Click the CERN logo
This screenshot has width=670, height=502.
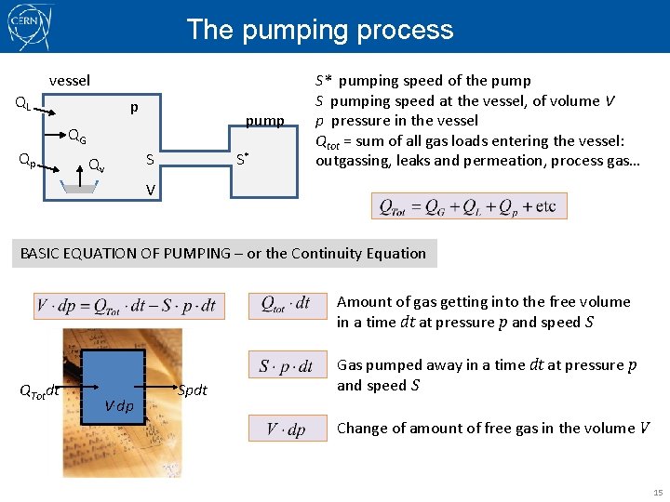pyautogui.click(x=30, y=27)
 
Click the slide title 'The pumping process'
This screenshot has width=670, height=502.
pyautogui.click(x=320, y=30)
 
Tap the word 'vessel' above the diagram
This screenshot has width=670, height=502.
pyautogui.click(x=70, y=81)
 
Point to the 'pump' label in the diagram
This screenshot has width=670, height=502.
pyautogui.click(x=264, y=121)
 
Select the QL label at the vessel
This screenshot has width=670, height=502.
pyautogui.click(x=22, y=105)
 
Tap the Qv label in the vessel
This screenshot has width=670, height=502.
pyautogui.click(x=96, y=165)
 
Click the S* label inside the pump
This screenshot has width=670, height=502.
pyautogui.click(x=241, y=159)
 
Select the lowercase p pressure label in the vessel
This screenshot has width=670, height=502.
pyautogui.click(x=134, y=109)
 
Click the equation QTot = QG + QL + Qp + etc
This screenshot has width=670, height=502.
pyautogui.click(x=468, y=206)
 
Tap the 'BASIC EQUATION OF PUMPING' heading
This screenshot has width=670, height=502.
pyautogui.click(x=223, y=253)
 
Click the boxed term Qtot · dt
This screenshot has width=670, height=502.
pyautogui.click(x=286, y=305)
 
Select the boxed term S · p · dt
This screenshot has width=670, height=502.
pyautogui.click(x=286, y=366)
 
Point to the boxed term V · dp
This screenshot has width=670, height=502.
pyautogui.click(x=286, y=429)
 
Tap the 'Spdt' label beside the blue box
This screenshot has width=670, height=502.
pyautogui.click(x=192, y=390)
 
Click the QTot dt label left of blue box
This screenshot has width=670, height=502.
pyautogui.click(x=39, y=391)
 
